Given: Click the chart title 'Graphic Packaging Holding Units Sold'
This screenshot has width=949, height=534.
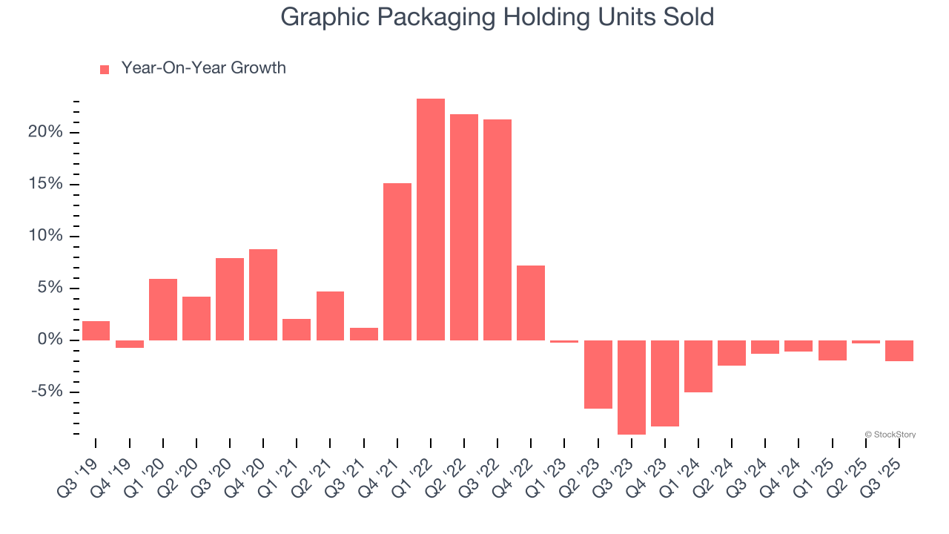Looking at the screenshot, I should click(x=497, y=17).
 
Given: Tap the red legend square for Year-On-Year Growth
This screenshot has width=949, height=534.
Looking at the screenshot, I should click(x=105, y=69).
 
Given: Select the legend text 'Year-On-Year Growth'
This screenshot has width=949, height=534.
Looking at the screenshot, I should click(x=203, y=68).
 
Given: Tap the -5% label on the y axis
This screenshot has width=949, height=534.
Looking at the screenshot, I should click(x=47, y=392).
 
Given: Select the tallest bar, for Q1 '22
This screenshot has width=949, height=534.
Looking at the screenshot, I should click(x=431, y=220).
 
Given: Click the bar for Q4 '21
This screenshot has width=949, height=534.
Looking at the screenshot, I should click(x=397, y=262).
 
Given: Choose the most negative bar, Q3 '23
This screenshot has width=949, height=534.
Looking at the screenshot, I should click(x=632, y=387).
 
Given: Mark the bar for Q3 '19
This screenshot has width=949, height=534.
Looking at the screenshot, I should click(x=96, y=331).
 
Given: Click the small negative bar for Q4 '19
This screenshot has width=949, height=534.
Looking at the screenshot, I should click(x=130, y=344).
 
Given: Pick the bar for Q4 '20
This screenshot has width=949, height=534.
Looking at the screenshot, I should click(x=263, y=294).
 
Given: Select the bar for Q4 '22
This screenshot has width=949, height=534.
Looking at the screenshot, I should click(x=531, y=303).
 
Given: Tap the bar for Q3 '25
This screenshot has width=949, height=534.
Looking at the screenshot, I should click(x=899, y=351).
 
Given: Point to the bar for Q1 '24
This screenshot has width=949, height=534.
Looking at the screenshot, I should click(x=698, y=366).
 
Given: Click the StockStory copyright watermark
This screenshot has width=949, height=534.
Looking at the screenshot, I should click(x=890, y=435).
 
